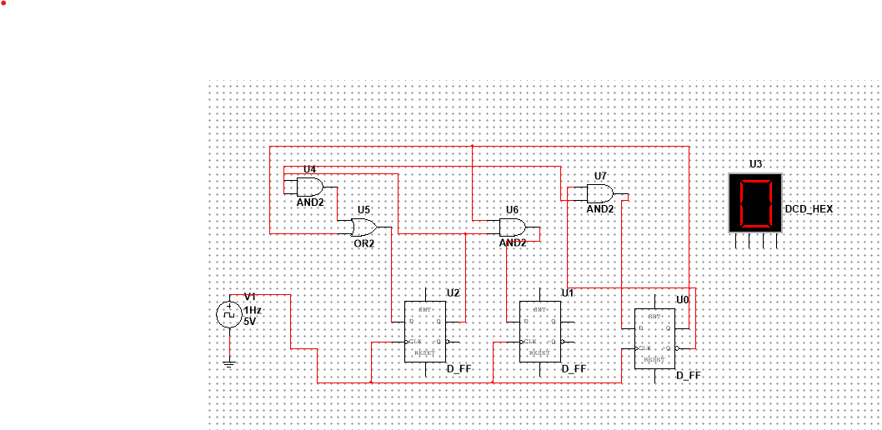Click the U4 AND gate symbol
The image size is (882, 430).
309,186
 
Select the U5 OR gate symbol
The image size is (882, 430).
363,227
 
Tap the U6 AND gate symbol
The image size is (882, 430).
512,227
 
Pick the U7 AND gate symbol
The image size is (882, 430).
599,194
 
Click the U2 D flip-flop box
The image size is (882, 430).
425,332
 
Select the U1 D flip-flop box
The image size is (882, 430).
540,332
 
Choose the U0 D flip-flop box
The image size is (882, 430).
655,339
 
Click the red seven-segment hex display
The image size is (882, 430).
755,203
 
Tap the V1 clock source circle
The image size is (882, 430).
228,314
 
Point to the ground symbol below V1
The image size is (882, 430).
228,362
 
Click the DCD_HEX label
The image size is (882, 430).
808,209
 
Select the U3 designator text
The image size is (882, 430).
755,165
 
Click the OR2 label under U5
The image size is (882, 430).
364,243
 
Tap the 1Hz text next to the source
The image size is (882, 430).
253,309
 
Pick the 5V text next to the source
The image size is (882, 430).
250,320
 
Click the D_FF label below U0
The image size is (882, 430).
689,376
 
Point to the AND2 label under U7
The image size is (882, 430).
599,209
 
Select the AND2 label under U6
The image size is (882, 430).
513,242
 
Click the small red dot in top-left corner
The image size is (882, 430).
3,3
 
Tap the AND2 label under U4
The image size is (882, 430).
310,202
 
